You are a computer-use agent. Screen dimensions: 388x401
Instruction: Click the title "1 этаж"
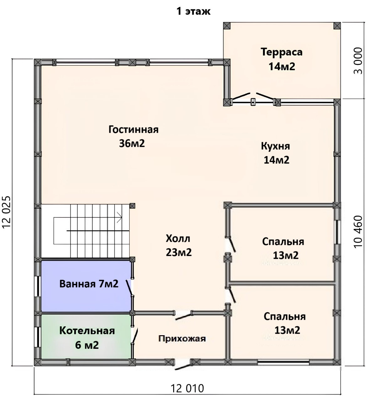pyautogui.click(x=194, y=11)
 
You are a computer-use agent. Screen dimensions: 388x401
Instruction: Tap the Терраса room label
pyautogui.click(x=282, y=52)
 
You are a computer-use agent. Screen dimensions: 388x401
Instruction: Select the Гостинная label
pyautogui.click(x=133, y=130)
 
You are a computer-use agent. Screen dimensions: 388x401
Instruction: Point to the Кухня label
pyautogui.click(x=275, y=146)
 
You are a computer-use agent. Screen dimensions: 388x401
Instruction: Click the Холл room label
pyautogui.click(x=178, y=239)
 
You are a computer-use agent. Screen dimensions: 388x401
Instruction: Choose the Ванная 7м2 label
pyautogui.click(x=89, y=284)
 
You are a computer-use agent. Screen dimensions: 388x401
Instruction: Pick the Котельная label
pyautogui.click(x=87, y=331)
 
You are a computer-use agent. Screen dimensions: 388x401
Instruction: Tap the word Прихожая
pyautogui.click(x=182, y=339)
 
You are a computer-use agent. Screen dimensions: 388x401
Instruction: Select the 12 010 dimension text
pyautogui.click(x=187, y=388)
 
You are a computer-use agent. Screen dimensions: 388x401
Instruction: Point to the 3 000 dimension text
pyautogui.click(x=358, y=61)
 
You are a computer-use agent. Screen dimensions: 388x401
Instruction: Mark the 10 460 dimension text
pyautogui.click(x=358, y=232)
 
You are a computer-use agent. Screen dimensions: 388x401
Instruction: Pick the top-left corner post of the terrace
pyautogui.click(x=227, y=26)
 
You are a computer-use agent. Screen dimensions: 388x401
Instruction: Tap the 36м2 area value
pyautogui.click(x=132, y=143)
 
